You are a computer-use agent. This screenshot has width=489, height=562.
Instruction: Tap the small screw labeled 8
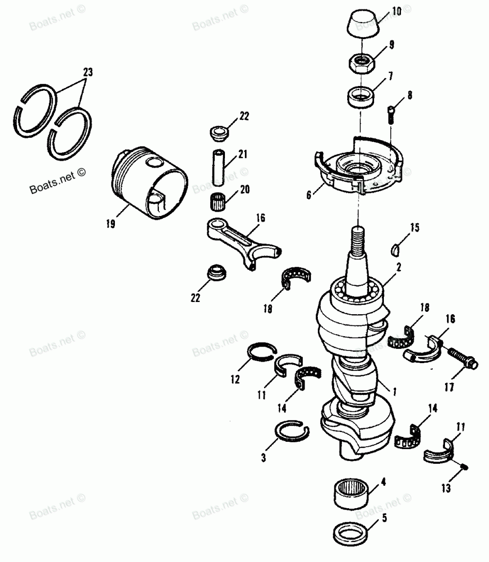coord(392,115)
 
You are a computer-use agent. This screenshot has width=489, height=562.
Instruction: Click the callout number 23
coord(88,72)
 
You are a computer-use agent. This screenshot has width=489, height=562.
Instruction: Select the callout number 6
coord(309,194)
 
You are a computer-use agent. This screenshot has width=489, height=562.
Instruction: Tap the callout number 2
coord(399,267)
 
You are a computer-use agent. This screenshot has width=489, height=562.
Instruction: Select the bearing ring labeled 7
coord(360,96)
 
